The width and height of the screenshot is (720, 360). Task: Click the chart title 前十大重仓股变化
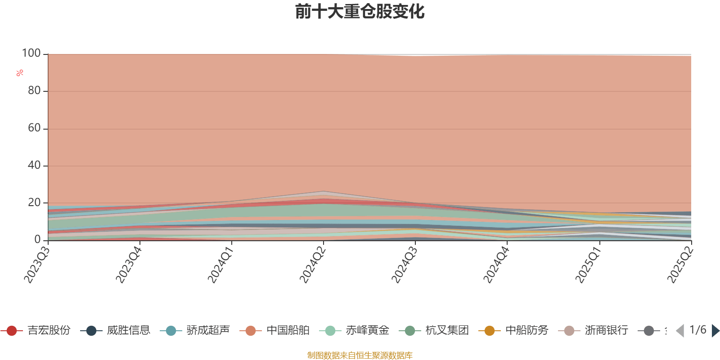click(x=360, y=12)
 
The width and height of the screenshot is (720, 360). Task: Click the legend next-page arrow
click(x=715, y=331)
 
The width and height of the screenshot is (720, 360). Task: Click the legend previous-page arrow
click(x=680, y=331)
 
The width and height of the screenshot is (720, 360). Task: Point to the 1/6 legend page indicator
click(x=697, y=330)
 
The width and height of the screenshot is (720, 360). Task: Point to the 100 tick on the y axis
click(x=31, y=54)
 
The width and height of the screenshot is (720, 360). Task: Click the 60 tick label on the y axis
click(x=34, y=128)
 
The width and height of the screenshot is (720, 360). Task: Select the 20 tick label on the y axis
click(x=34, y=203)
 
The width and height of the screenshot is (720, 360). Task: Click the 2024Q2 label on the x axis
click(x=313, y=265)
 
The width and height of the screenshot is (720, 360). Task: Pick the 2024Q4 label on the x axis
click(x=496, y=265)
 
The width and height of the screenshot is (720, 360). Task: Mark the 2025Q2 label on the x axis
click(x=680, y=265)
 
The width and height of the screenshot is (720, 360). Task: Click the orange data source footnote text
click(x=360, y=355)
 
